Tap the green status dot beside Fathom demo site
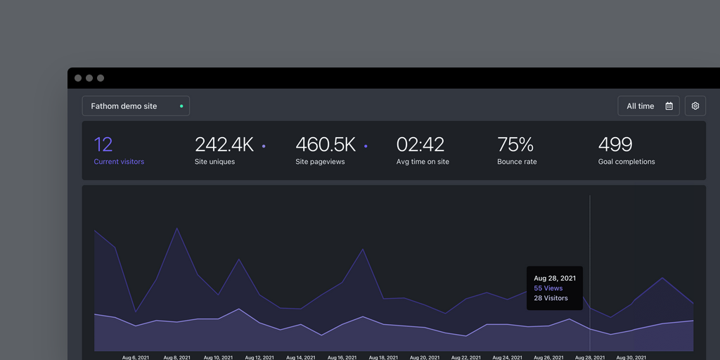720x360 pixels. pos(181,106)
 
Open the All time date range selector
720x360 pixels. pos(648,106)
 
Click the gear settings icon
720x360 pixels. pos(695,106)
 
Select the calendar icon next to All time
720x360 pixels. pos(669,106)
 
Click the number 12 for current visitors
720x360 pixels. pos(103,145)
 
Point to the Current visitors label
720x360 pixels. pos(119,162)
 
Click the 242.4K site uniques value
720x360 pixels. pos(224,145)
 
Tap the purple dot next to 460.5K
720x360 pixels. pos(366,146)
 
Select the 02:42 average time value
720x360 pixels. pos(420,145)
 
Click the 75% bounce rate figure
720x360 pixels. pos(515,145)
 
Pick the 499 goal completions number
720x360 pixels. pos(615,145)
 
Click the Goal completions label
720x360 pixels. pos(626,162)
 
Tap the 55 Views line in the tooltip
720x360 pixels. pos(548,288)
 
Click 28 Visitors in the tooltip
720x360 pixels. pos(551,298)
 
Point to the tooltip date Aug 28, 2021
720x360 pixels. pos(555,278)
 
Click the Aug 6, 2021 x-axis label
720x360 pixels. pos(136,357)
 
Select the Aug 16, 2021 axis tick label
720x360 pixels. pos(342,357)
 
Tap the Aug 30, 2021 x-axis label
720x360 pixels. pos(631,357)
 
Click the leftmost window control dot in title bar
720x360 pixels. pos(78,78)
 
